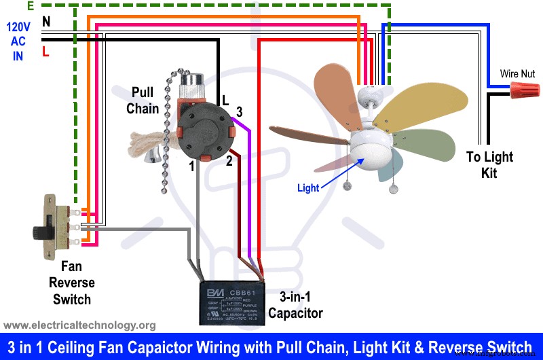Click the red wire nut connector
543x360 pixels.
pyautogui.click(x=523, y=88)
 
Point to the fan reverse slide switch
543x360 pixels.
pyautogui.click(x=51, y=227)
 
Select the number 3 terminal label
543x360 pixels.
pyautogui.click(x=239, y=111)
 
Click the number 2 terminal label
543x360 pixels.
pyautogui.click(x=229, y=161)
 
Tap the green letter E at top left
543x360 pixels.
pyautogui.click(x=31, y=6)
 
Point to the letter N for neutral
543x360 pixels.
pyautogui.click(x=46, y=22)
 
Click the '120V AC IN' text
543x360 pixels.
pyautogui.click(x=18, y=41)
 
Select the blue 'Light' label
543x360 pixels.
pyautogui.click(x=307, y=188)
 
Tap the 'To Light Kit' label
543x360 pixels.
pyautogui.click(x=489, y=165)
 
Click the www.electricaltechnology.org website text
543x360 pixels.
pyautogui.click(x=80, y=325)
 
